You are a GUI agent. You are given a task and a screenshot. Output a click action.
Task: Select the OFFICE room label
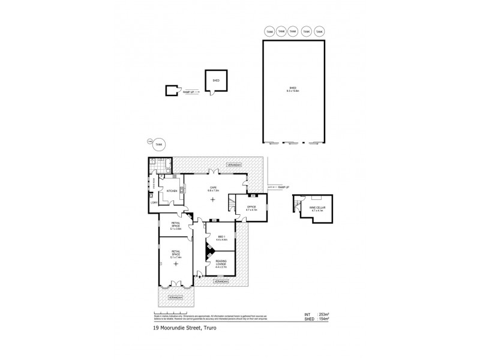252,208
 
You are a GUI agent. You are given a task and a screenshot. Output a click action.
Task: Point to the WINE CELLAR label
316,209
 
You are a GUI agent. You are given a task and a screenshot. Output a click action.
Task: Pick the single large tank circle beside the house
158,144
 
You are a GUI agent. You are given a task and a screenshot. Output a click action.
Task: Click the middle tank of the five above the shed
293,31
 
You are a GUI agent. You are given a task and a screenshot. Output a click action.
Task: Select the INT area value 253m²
315,314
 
